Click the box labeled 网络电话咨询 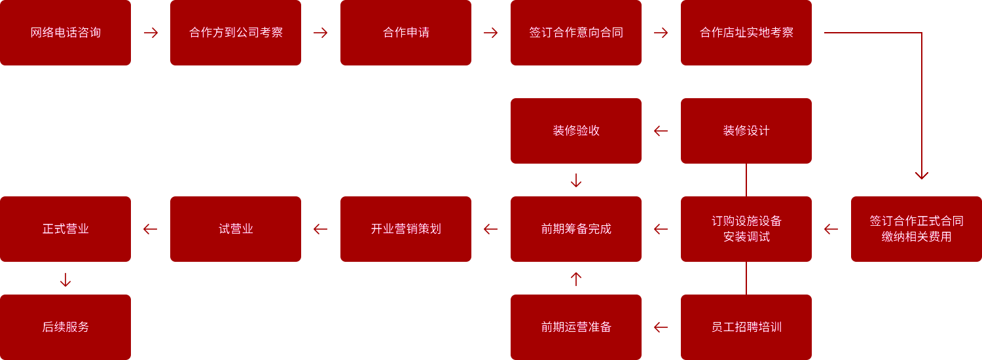tap(65, 33)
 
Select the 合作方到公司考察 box tap(236, 33)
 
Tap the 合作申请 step tap(405, 33)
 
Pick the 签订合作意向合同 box tap(576, 33)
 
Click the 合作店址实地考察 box tap(746, 33)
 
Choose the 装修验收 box tap(576, 131)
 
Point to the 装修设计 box tap(746, 131)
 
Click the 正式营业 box tap(65, 229)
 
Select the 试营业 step tap(236, 229)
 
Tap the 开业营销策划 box tap(405, 229)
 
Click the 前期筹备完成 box tap(576, 229)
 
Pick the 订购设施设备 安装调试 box tap(746, 229)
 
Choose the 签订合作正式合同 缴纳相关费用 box tap(917, 229)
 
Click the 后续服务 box tap(65, 327)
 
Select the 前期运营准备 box tap(576, 327)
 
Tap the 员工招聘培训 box tap(746, 327)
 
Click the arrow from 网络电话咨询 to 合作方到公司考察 tap(151, 33)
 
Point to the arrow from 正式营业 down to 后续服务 tap(65, 279)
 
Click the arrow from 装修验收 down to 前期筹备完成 tap(576, 180)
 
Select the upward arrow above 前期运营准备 tap(576, 279)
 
